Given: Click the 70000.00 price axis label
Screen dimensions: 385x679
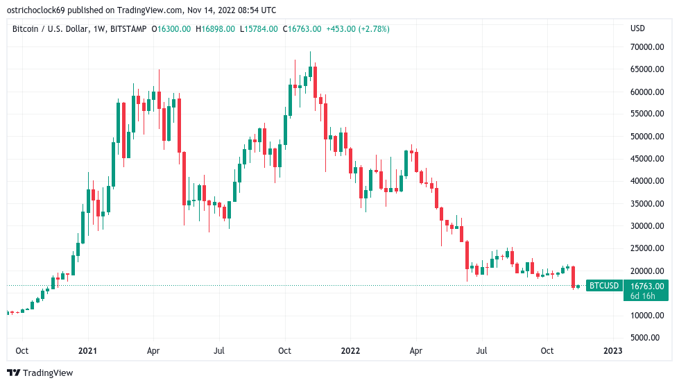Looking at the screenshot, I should pos(646,47).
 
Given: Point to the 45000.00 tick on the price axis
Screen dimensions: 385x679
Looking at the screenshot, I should pos(646,159).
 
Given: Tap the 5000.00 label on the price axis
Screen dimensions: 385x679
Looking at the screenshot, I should pos(648,338).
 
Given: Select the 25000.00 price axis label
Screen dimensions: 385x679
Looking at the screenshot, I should pos(646,248).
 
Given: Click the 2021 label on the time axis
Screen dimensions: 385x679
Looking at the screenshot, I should pos(87,351).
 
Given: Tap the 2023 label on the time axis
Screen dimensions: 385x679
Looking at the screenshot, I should pos(612,351).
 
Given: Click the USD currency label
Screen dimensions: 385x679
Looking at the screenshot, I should pos(637,28).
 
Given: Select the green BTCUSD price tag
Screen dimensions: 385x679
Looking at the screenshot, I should pos(603,285).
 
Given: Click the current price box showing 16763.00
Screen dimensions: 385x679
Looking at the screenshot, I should pos(646,285).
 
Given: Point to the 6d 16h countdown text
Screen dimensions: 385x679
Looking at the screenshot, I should pos(644,296).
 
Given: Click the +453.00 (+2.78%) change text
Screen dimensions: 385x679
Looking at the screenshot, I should pos(358,28).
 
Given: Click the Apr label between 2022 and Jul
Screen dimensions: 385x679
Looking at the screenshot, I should pos(415,351).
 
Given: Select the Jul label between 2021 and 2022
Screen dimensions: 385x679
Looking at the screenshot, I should pos(219,351).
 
